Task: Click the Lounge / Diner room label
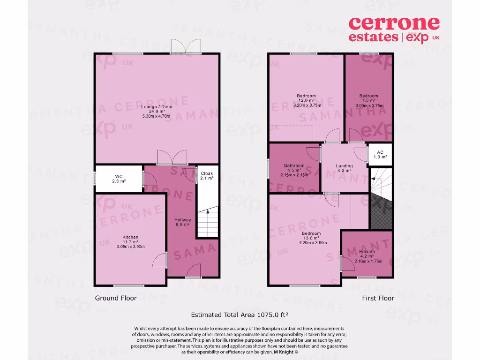[157, 107]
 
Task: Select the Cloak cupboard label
[207, 173]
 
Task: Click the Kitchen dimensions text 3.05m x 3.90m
[131, 247]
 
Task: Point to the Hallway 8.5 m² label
[182, 222]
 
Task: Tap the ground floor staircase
[207, 224]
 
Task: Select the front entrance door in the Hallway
[193, 272]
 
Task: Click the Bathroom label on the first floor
[294, 165]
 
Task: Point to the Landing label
[344, 166]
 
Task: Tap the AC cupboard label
[380, 153]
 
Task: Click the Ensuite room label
[367, 252]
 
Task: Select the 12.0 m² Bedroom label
[306, 96]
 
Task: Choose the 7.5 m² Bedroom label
[369, 96]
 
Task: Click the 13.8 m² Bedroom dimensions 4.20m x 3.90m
[311, 243]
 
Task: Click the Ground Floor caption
[116, 298]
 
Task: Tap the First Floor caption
[378, 298]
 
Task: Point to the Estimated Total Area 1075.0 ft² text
[243, 315]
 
